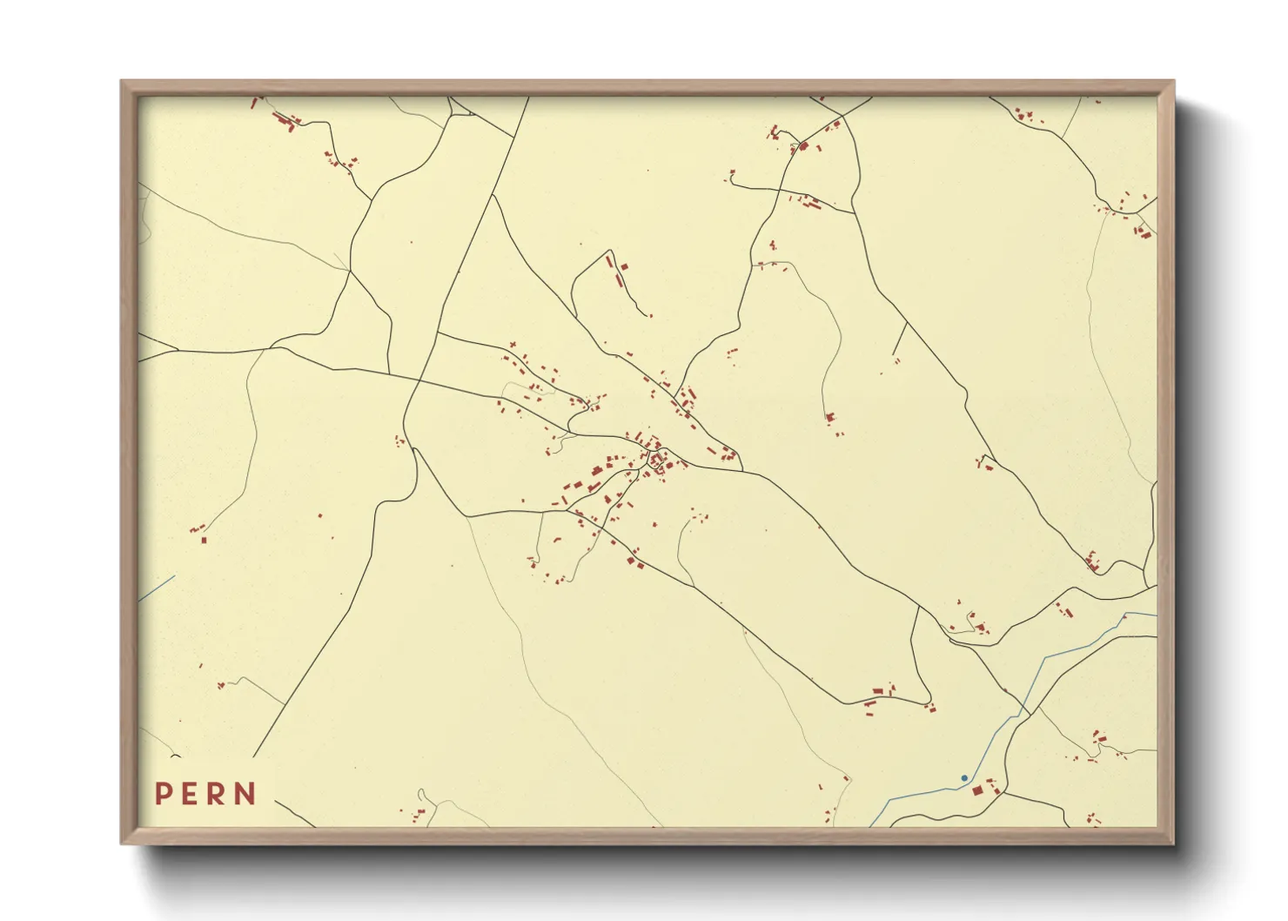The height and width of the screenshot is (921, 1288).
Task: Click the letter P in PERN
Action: pos(163,794)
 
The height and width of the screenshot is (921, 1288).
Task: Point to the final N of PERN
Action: pos(246,794)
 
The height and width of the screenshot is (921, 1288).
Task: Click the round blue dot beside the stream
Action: pos(964,778)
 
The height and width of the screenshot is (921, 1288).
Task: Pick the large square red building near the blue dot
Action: pos(977,790)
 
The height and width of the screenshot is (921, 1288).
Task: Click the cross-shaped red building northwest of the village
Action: pos(513,346)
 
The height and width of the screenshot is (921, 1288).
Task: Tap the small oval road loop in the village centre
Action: pos(653,458)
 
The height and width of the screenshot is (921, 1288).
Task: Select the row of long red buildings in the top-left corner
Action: pos(285,120)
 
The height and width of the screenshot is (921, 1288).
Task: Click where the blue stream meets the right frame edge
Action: pos(1156,615)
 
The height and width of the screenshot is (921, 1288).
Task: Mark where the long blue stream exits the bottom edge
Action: pos(872,825)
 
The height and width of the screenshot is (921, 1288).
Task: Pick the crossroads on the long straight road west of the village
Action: pos(419,380)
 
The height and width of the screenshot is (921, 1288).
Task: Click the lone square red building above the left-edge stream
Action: pos(204,540)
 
